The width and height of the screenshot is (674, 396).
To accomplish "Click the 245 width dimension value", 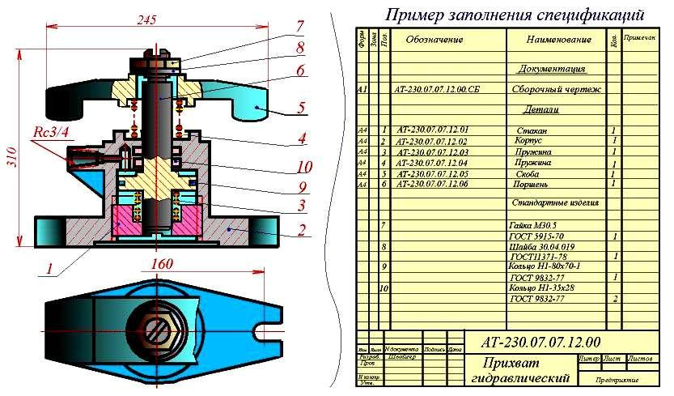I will (146, 19).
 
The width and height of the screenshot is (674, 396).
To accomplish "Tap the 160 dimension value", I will (163, 265).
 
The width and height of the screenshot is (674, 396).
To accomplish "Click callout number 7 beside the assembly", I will (299, 26).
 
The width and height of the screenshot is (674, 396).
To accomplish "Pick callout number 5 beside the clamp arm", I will (300, 107).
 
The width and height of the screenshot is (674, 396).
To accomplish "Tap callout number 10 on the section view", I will (303, 167).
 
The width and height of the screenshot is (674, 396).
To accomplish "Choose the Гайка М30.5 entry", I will (534, 224).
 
